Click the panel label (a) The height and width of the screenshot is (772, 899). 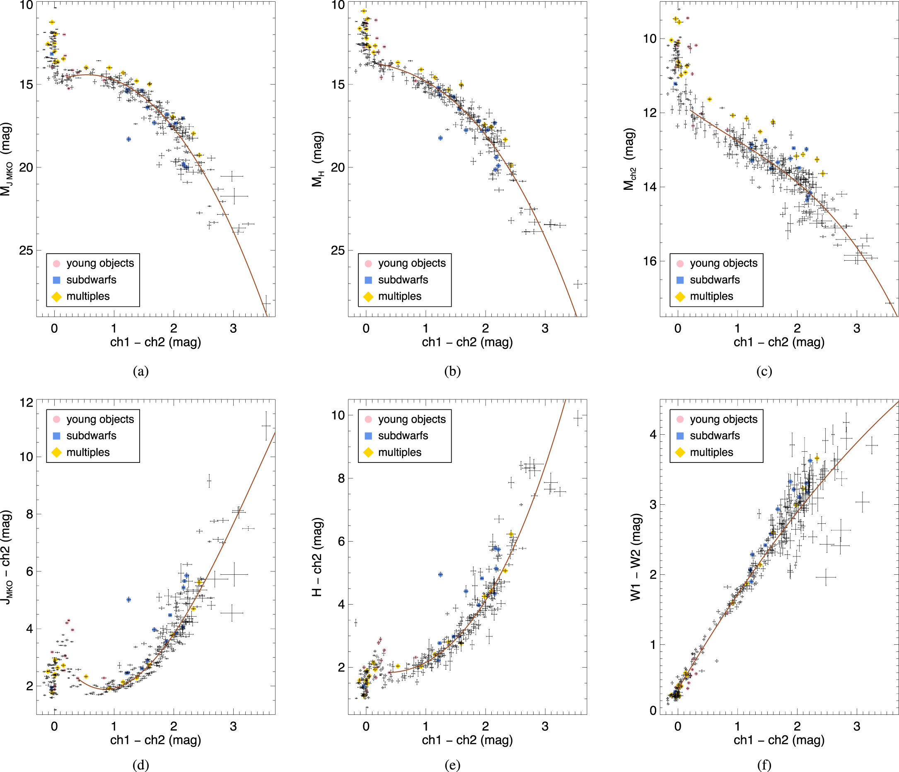pos(141,371)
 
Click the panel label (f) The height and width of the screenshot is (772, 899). pos(764,765)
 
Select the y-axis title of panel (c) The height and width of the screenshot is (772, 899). pos(629,159)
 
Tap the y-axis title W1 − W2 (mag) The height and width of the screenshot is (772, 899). pos(636,557)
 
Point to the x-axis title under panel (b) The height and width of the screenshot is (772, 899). pos(467,342)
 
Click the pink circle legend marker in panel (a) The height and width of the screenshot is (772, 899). pos(56,264)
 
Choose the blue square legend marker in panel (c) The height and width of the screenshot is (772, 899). pos(680,280)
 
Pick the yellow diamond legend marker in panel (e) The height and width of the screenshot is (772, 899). pos(368,452)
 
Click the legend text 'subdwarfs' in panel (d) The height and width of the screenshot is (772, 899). pos(91,436)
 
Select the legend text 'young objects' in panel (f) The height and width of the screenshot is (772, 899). pos(723,419)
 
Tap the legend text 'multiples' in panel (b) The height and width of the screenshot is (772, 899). pos(400,296)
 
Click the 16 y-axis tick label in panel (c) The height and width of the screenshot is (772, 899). pos(650,261)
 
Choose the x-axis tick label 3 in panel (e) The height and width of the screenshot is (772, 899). pos(545,726)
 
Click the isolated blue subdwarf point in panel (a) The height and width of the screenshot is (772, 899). pos(128,139)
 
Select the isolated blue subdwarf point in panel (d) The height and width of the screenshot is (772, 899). pos(128,600)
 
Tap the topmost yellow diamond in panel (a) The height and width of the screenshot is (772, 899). pos(52,22)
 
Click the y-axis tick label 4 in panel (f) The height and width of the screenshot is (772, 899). pos(653,434)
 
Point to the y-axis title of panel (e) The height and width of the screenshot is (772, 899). pos(317,557)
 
